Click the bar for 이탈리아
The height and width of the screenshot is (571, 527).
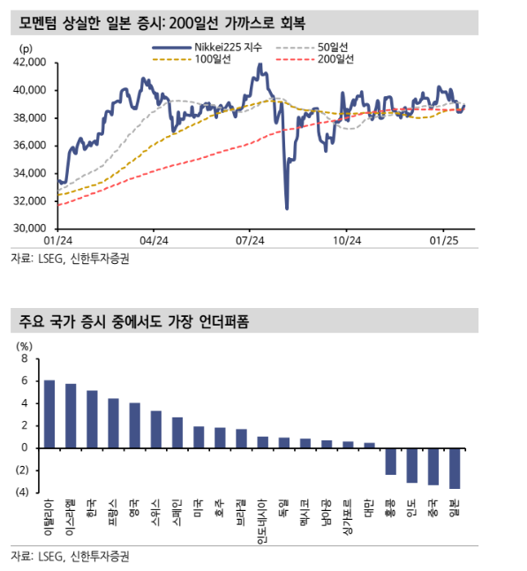(x=49, y=414)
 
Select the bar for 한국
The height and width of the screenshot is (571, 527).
(x=92, y=419)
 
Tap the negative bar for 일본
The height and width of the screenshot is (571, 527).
(x=455, y=469)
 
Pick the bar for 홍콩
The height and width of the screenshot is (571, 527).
(x=390, y=462)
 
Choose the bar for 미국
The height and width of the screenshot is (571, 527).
(x=199, y=437)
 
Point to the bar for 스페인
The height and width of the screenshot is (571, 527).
(x=177, y=432)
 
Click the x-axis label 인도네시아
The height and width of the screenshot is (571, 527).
(x=262, y=521)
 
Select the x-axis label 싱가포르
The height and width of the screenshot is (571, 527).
(x=348, y=517)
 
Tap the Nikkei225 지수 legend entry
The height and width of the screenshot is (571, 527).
(x=207, y=48)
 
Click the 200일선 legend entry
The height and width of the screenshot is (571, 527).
(x=315, y=59)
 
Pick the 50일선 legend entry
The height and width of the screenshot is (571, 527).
(x=312, y=48)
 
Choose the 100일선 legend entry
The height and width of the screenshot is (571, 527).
(x=192, y=59)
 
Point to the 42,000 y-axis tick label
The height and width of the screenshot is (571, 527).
(x=30, y=63)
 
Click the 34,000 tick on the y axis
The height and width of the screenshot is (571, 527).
(x=30, y=173)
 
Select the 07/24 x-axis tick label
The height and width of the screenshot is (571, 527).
(x=250, y=241)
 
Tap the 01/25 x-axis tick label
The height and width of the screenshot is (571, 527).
(x=444, y=241)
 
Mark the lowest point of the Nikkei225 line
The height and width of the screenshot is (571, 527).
(x=287, y=209)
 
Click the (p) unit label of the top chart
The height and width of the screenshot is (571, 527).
(x=26, y=49)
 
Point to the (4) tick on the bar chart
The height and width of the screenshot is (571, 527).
(x=22, y=492)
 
